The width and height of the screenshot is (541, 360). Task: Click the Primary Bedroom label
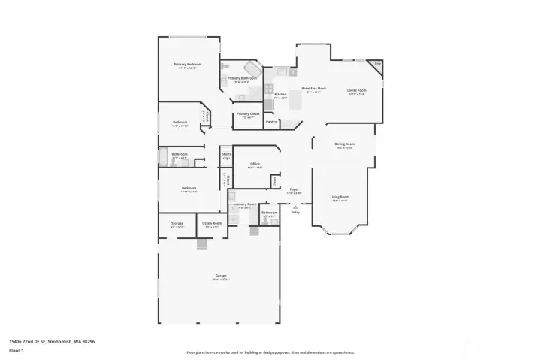click(x=188, y=65)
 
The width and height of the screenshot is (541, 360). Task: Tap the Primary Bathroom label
click(x=241, y=78)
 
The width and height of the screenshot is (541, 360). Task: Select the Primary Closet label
click(x=248, y=114)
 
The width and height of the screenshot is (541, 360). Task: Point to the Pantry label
click(x=271, y=121)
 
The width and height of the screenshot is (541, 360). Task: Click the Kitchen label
click(x=280, y=95)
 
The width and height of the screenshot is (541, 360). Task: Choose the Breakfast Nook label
click(x=312, y=89)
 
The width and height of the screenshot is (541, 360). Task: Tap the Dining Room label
click(x=344, y=144)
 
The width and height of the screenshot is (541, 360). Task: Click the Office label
click(x=255, y=163)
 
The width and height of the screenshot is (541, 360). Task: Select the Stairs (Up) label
click(x=226, y=155)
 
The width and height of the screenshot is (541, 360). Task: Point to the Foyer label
click(x=295, y=190)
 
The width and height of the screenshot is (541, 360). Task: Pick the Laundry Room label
click(x=245, y=204)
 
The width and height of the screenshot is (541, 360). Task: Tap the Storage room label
click(x=177, y=223)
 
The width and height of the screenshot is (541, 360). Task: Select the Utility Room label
click(x=212, y=223)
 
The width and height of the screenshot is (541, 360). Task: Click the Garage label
click(x=221, y=276)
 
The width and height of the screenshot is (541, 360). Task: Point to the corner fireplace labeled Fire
click(x=377, y=64)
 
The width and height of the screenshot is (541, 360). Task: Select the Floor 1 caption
click(x=16, y=350)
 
